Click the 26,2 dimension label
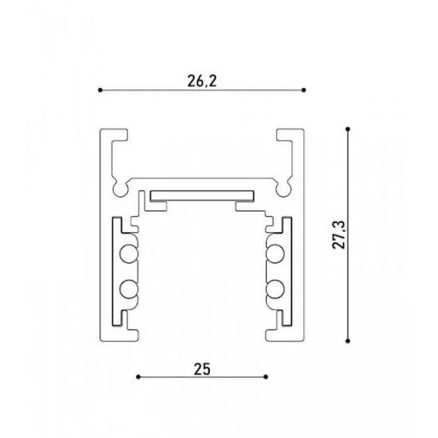(x=202, y=81)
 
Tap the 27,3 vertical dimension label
(x=339, y=235)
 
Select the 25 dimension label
(x=201, y=369)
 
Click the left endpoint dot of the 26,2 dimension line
(x=100, y=90)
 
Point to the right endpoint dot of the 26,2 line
(x=304, y=90)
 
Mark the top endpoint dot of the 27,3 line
(x=348, y=129)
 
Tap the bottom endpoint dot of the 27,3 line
(x=348, y=341)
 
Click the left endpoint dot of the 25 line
(x=138, y=377)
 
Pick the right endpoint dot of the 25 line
(x=266, y=377)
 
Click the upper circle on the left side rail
(x=128, y=254)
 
